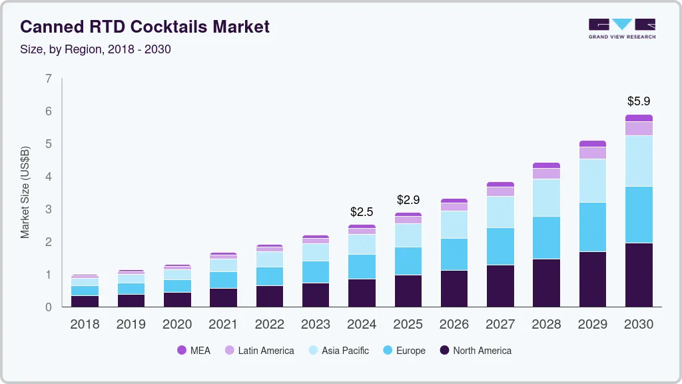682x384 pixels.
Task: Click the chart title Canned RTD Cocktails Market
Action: pos(145,27)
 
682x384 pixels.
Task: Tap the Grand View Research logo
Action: pos(621,28)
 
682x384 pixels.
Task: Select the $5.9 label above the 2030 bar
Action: pos(639,101)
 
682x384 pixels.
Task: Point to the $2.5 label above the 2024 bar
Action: pos(362,212)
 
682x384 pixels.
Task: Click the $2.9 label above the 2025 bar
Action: pos(408,200)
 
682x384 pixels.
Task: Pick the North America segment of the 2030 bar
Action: pos(639,275)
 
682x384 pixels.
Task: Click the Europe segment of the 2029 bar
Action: pos(592,227)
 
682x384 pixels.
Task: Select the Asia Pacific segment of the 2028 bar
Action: pos(546,197)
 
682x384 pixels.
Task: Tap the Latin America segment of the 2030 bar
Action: pos(639,129)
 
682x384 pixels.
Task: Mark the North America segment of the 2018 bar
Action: pos(85,301)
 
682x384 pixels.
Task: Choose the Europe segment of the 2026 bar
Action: pos(454,254)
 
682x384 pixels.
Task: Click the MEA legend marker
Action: pos(181,351)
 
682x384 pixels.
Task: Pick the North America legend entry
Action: pos(475,351)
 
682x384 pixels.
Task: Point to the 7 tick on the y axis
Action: pos(48,79)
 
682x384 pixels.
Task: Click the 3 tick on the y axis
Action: pos(48,209)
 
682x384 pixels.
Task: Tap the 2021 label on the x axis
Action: pos(223,325)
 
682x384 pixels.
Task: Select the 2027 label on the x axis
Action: pos(500,325)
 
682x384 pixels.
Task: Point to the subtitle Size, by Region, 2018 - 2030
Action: pos(96,49)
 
